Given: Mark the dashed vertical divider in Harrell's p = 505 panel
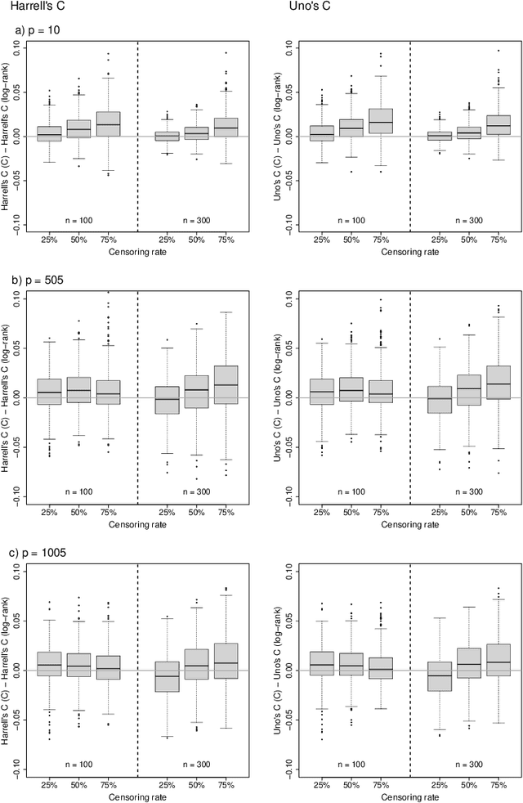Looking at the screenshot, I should click(137, 397).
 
